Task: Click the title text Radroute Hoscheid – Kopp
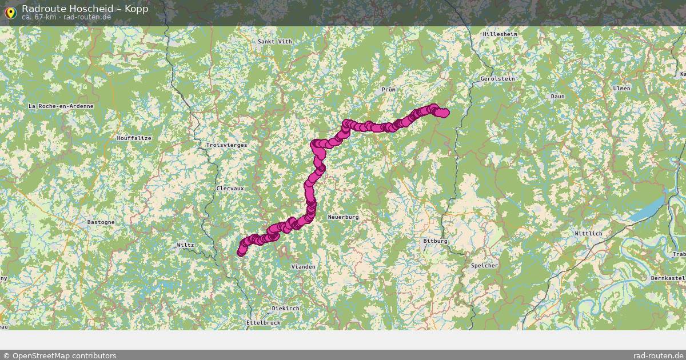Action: pos(85,9)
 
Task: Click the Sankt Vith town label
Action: pos(274,42)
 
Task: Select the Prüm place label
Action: pos(388,90)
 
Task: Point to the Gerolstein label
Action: pos(497,78)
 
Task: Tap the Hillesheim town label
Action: pos(500,34)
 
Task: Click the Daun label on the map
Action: pos(557,97)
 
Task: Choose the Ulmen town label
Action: pos(621,89)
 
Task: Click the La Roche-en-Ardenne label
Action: pos(61,106)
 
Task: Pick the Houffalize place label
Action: pos(134,138)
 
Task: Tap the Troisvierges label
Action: pos(226,145)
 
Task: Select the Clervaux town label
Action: pos(230,188)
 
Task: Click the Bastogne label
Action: pos(101,222)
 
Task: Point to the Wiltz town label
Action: pos(185,245)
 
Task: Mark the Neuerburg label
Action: pos(343,217)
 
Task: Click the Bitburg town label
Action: pos(435,241)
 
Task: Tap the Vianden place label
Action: pos(303,267)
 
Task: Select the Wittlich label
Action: pos(588,234)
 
